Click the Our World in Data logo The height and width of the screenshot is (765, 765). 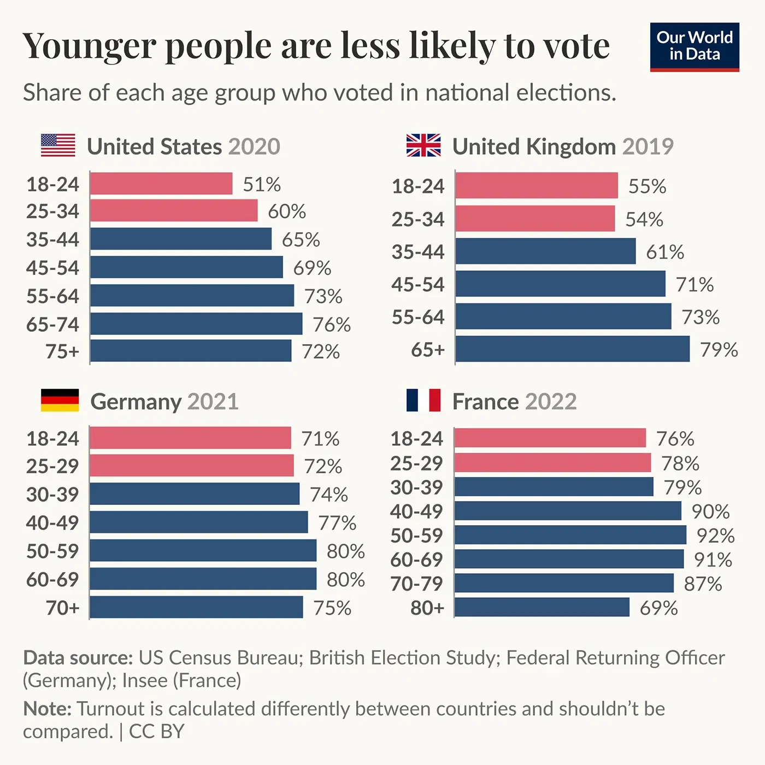point(695,46)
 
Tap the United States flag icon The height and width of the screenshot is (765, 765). point(58,145)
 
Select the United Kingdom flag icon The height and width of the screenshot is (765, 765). point(423,145)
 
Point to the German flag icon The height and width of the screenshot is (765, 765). point(60,400)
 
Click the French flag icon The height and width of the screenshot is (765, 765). point(423,400)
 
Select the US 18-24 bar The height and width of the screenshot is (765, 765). point(161,184)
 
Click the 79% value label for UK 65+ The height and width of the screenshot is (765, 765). point(719,350)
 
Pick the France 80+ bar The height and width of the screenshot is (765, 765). point(542,607)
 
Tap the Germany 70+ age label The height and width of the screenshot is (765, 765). point(62,608)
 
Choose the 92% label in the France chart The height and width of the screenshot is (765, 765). point(715,535)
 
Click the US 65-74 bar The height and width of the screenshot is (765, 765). point(196,323)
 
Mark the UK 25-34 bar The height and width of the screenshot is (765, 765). point(535,219)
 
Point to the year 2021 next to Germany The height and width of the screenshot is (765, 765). point(213,402)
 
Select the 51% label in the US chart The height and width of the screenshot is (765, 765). point(262,185)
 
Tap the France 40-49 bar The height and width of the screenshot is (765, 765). point(568,511)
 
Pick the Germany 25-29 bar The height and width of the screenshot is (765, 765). point(192,466)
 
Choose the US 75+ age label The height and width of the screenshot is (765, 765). point(62,351)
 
